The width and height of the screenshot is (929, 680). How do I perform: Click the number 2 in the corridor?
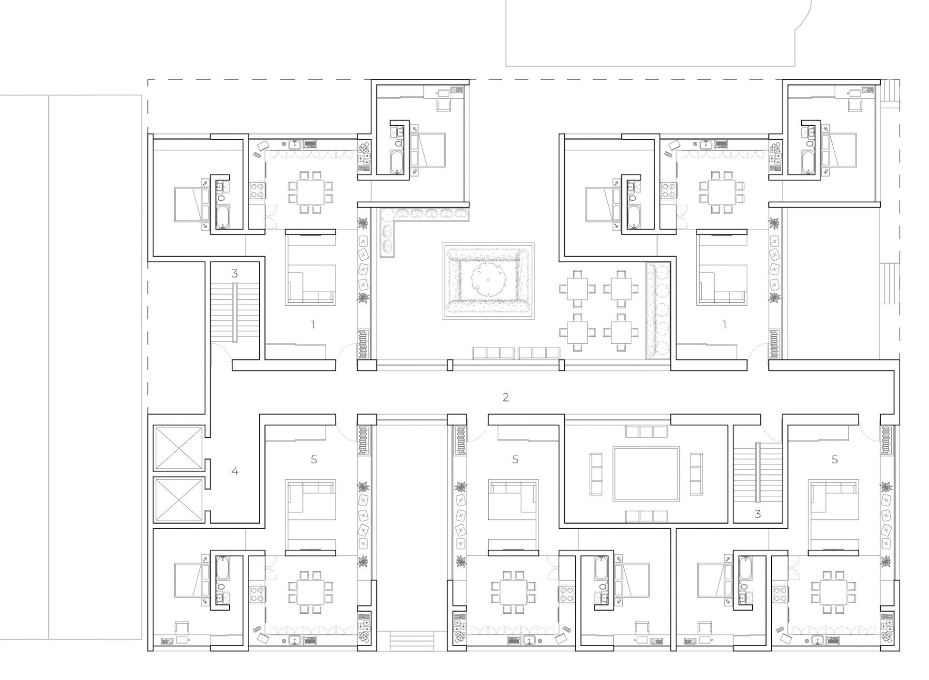pos(506,398)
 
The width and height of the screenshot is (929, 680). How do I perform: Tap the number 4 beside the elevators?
pos(235,471)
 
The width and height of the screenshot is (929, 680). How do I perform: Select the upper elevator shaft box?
pos(178,447)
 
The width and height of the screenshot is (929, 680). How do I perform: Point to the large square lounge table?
pos(646,474)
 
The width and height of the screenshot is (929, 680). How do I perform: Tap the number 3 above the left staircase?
pos(235,274)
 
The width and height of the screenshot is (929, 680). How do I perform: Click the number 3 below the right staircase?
pos(758,514)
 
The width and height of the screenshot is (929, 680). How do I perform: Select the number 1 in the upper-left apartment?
pos(313,325)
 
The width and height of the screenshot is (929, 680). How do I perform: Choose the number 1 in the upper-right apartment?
pos(724,325)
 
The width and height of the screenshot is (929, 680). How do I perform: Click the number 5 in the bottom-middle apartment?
pos(515,459)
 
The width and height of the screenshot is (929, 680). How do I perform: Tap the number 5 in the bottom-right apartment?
pos(835,459)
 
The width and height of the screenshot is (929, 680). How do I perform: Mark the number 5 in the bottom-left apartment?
pos(314,459)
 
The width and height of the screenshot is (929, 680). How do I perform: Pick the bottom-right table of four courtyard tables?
pos(619,333)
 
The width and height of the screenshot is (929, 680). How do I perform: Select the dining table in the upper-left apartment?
pos(310,192)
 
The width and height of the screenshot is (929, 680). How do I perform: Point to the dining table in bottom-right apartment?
pos(833,592)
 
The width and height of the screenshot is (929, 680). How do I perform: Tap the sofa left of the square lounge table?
pos(596,474)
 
